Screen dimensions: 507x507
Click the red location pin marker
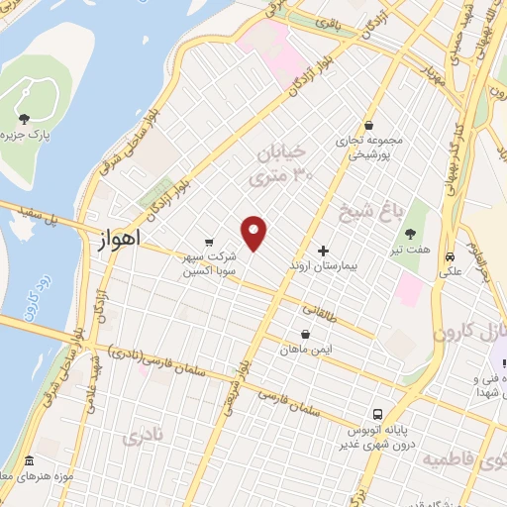pos(255,234)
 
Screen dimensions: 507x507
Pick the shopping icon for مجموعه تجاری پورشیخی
pos(368,127)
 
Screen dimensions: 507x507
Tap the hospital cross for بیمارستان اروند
pos(323,252)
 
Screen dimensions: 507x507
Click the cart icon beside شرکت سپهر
pos(208,241)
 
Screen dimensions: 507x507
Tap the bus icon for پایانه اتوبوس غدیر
pos(378,414)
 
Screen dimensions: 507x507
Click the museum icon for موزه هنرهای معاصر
pos(28,462)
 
